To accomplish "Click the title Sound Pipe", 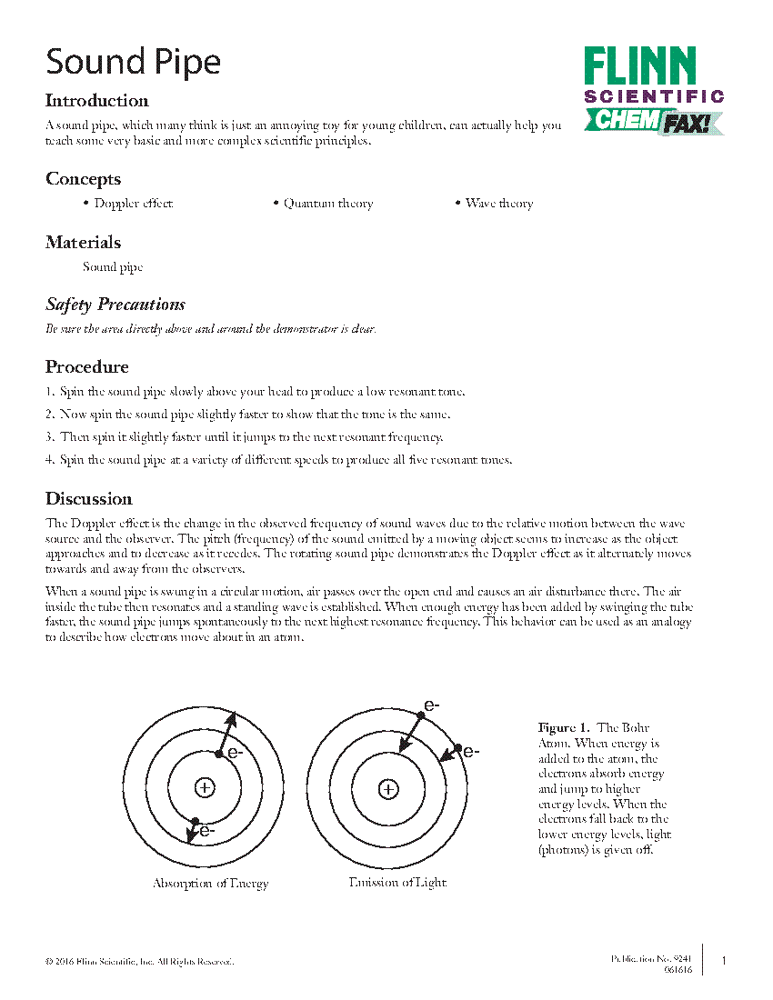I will tap(133, 62).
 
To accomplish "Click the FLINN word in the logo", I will tap(640, 68).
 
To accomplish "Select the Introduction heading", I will tap(96, 101).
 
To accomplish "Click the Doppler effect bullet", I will tap(133, 204).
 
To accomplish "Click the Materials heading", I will tap(83, 243).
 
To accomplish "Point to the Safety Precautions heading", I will tap(115, 305).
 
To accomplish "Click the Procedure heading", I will tap(86, 367).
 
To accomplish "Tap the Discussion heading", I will tap(88, 499).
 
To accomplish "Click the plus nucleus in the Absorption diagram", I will tap(206, 788).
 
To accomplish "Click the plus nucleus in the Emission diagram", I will tap(388, 789).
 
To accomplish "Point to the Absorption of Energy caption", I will tap(210, 884).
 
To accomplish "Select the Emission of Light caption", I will tap(397, 883).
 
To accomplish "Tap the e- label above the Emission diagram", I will tap(432, 705).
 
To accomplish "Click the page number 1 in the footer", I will tap(724, 961).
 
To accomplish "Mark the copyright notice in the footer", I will tap(139, 961).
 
